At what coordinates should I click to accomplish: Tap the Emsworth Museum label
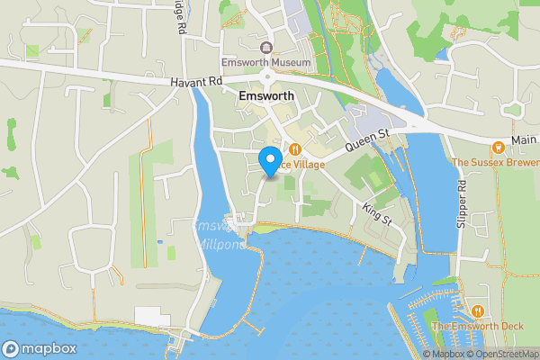[266, 63]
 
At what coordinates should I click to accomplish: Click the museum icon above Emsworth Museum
[266, 48]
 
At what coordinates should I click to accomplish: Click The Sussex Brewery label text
[496, 163]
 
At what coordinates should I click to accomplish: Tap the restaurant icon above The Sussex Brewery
[497, 147]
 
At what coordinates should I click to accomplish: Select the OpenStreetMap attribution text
[501, 354]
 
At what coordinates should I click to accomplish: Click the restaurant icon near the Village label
[293, 149]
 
